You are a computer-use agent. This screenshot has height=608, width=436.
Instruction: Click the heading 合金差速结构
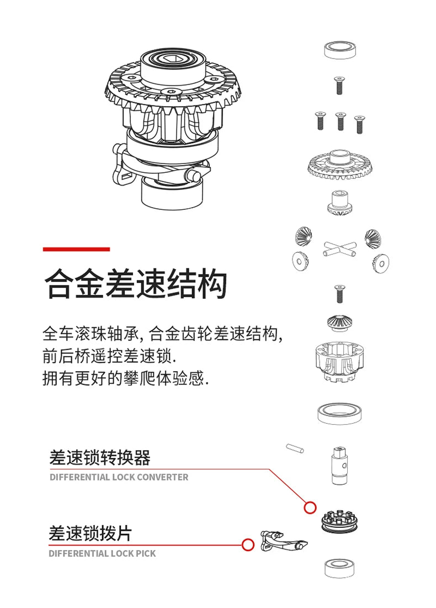click(135, 284)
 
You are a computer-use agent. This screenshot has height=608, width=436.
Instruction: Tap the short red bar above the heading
click(76, 250)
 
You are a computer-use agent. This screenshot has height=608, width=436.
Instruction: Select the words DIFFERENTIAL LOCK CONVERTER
click(119, 477)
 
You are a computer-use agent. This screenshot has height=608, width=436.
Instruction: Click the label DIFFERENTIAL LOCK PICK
click(102, 553)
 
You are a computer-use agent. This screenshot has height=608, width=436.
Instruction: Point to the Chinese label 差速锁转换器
click(99, 458)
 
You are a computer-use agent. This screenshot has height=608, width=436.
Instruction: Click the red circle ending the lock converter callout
click(310, 506)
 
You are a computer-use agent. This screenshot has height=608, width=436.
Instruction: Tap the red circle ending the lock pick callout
click(248, 545)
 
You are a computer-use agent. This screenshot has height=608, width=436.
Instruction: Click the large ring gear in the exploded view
click(340, 165)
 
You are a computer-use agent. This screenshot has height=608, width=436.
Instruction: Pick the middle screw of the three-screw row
click(340, 121)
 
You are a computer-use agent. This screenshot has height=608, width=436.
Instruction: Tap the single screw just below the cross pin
click(339, 293)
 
